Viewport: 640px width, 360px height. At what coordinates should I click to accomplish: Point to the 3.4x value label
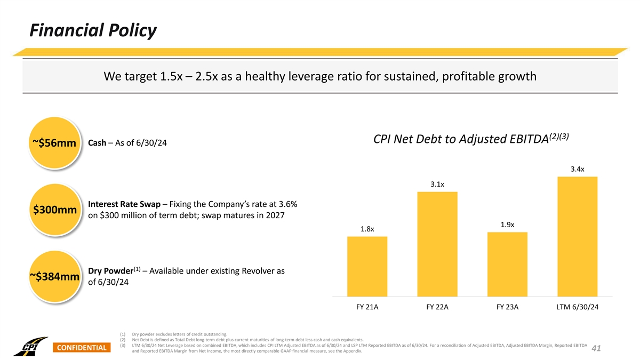tap(577, 169)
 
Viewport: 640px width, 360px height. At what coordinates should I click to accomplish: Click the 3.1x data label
tap(437, 185)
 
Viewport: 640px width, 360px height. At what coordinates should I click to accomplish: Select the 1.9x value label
tap(508, 225)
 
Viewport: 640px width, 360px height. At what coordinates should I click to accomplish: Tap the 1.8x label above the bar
tap(367, 229)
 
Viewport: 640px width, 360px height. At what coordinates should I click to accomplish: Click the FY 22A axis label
tap(437, 307)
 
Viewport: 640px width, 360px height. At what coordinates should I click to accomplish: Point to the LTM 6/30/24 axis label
tap(578, 307)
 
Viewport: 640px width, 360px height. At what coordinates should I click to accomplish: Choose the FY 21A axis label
tap(367, 307)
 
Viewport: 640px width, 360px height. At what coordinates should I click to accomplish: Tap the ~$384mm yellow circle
tap(54, 276)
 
